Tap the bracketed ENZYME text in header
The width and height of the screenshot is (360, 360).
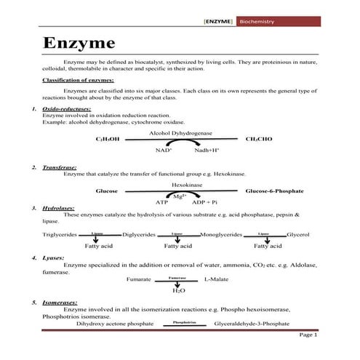click(x=219, y=23)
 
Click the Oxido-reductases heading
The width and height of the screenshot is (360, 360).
click(x=66, y=108)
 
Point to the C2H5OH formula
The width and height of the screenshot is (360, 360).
click(x=107, y=138)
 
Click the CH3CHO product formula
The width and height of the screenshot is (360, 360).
click(x=259, y=138)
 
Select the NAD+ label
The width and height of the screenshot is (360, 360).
click(x=163, y=150)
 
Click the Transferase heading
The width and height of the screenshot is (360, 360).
click(x=60, y=167)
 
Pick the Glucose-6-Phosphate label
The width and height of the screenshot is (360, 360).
click(x=274, y=191)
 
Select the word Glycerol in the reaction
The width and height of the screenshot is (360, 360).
click(x=297, y=235)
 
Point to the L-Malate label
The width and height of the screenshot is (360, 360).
click(x=216, y=279)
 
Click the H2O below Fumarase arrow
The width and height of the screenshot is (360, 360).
click(x=178, y=290)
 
